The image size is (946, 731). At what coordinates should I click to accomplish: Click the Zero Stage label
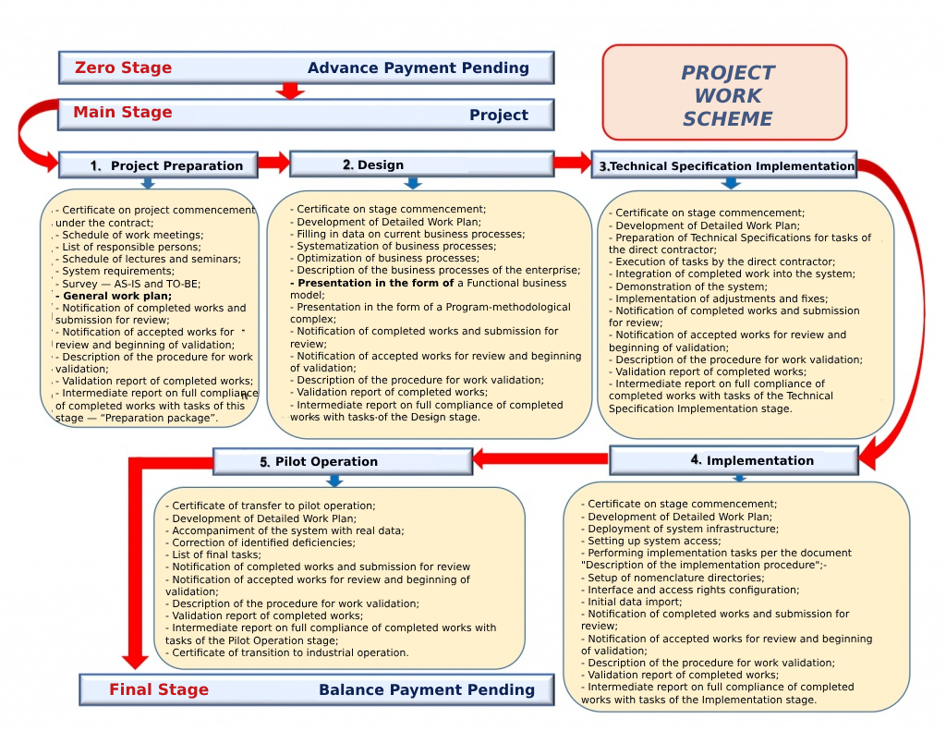[123, 67]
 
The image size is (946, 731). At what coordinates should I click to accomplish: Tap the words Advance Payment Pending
[418, 67]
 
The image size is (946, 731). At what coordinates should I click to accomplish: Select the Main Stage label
[123, 113]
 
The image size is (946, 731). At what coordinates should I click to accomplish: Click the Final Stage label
[159, 689]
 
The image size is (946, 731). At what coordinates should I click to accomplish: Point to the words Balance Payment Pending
[426, 689]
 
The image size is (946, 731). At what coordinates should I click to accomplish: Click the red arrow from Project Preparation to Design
[273, 164]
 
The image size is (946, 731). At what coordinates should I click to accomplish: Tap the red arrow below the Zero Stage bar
[290, 91]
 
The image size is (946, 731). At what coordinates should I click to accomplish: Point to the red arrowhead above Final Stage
[136, 659]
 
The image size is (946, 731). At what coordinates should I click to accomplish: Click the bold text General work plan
[114, 296]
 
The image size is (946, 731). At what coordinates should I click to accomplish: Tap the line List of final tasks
[216, 554]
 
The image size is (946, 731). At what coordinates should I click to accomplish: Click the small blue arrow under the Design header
[413, 183]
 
